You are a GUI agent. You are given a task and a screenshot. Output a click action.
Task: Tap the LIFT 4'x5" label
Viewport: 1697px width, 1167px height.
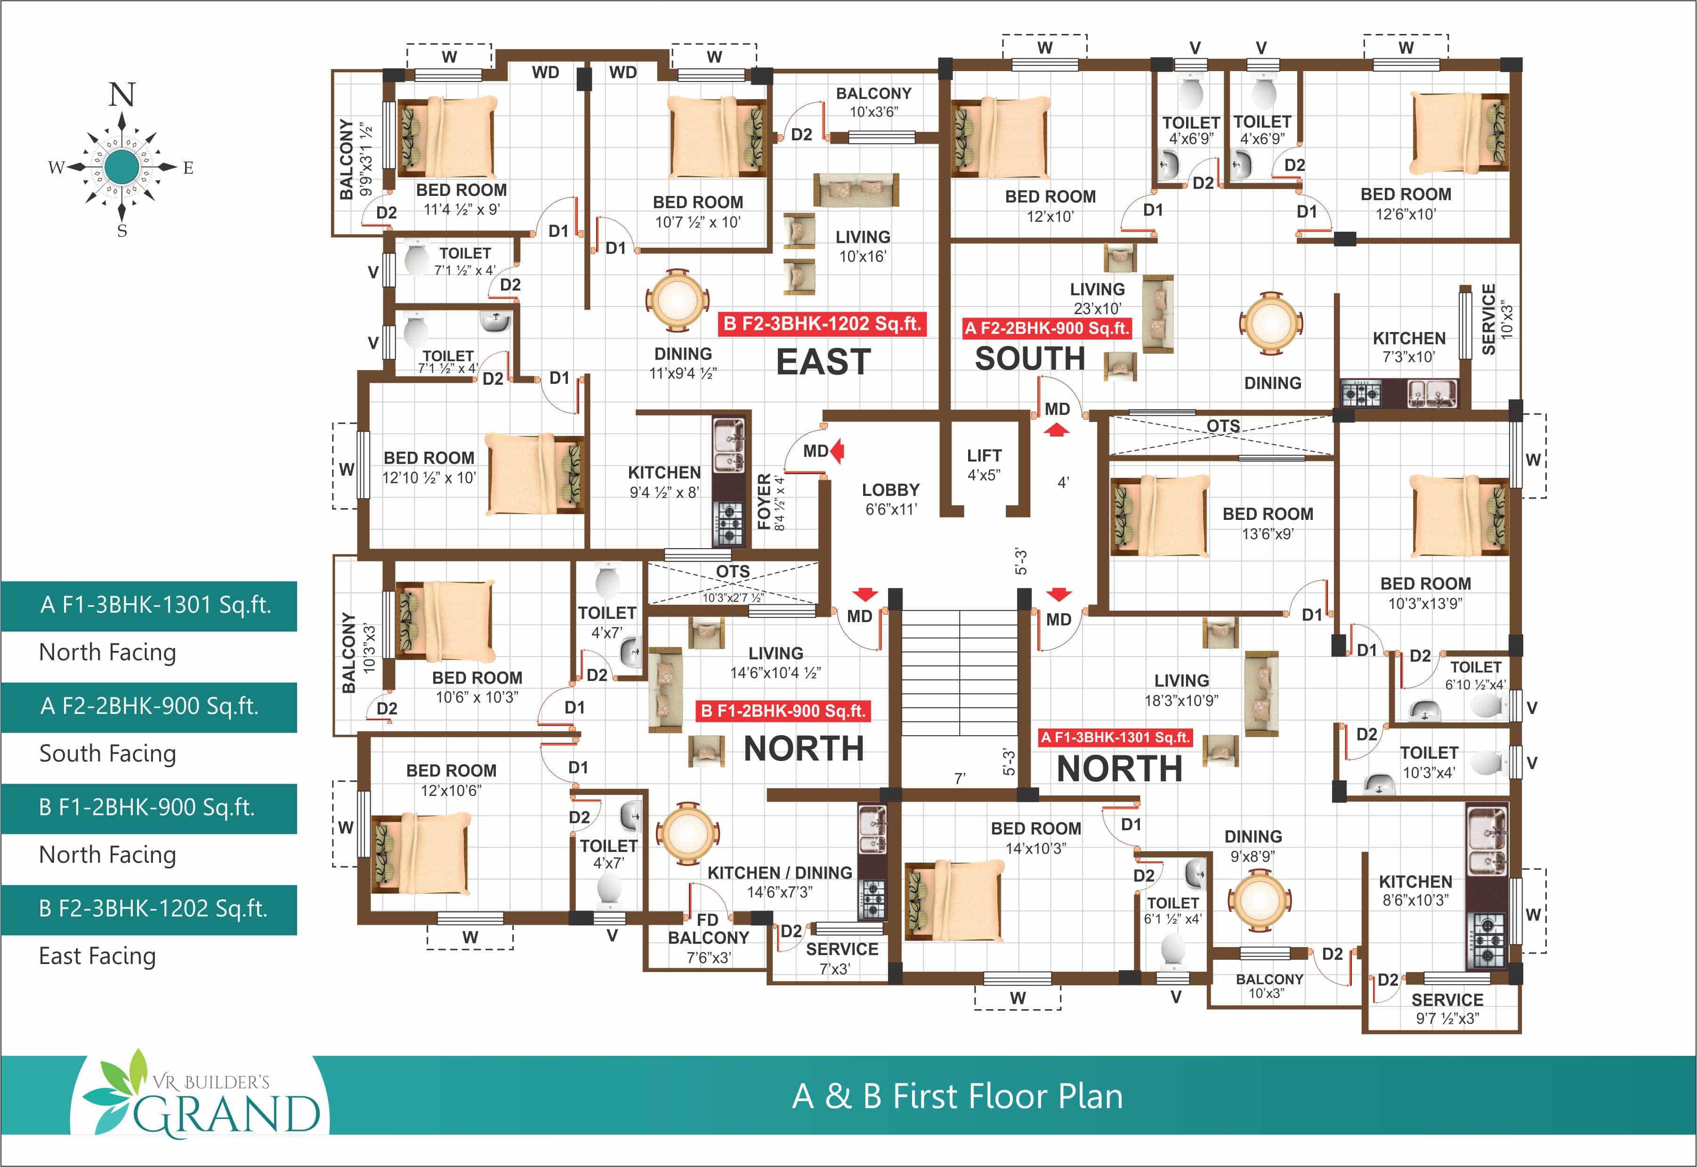tap(984, 465)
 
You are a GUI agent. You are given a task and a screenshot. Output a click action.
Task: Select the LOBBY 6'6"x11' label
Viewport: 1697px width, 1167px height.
tap(890, 499)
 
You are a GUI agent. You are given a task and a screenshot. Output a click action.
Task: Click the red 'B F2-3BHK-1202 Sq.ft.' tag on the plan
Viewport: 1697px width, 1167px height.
tap(822, 324)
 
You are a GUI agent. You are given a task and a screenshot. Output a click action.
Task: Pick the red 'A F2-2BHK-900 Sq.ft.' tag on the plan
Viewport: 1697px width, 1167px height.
tap(1047, 328)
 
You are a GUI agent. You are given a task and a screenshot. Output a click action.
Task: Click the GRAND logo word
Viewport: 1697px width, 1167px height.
tap(226, 1114)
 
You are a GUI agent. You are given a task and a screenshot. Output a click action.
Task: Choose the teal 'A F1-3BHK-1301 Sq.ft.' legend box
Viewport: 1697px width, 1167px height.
tap(149, 606)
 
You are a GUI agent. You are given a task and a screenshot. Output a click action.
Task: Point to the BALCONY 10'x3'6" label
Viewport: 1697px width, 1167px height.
tap(874, 102)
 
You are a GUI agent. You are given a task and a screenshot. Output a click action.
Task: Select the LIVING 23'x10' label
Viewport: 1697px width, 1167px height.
tap(1098, 298)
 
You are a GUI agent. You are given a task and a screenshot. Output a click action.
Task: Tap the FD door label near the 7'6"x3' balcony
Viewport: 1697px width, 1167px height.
tap(707, 920)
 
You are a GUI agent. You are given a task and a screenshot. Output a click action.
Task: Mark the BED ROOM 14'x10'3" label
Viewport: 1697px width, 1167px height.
tap(1035, 838)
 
